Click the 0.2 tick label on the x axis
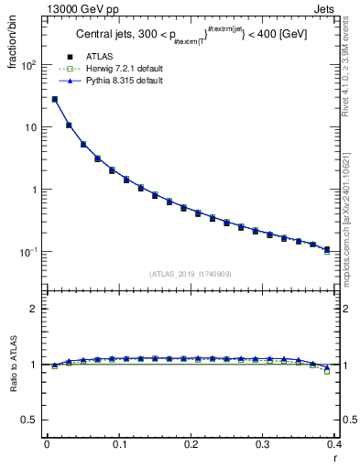pos(190,445)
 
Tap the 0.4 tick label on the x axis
pos(333,445)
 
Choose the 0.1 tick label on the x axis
pos(118,445)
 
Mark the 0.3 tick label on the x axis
pos(262,445)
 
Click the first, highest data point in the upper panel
pos(54,99)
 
